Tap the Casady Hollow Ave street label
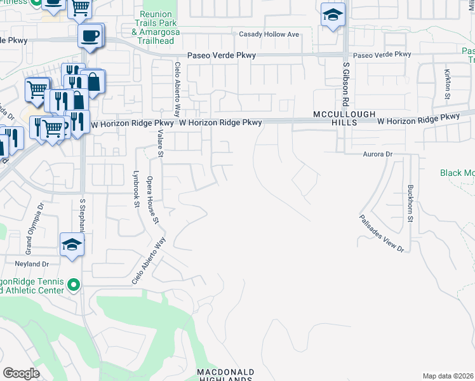point(268,34)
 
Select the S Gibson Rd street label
point(347,84)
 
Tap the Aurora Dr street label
point(378,154)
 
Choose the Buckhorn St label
point(410,203)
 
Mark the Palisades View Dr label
point(382,232)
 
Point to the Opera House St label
point(152,201)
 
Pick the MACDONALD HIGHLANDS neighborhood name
point(225,375)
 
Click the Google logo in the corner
point(21,373)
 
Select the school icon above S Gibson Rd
point(333,16)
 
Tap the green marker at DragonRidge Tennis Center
point(74,284)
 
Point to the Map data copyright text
point(448,376)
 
